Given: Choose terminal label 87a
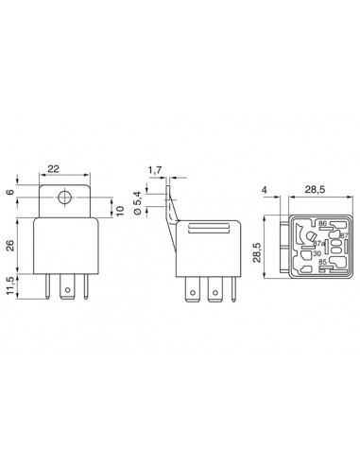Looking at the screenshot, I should click(318, 242).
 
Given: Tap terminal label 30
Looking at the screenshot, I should click(316, 253).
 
